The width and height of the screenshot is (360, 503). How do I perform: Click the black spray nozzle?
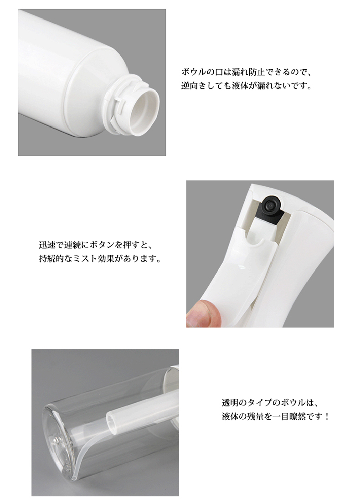pos(269,206)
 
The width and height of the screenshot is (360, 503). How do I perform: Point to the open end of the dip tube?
pos(110,419)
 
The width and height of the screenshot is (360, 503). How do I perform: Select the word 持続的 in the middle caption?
pos(51,258)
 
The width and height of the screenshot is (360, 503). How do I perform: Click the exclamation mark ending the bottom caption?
pos(327,416)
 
